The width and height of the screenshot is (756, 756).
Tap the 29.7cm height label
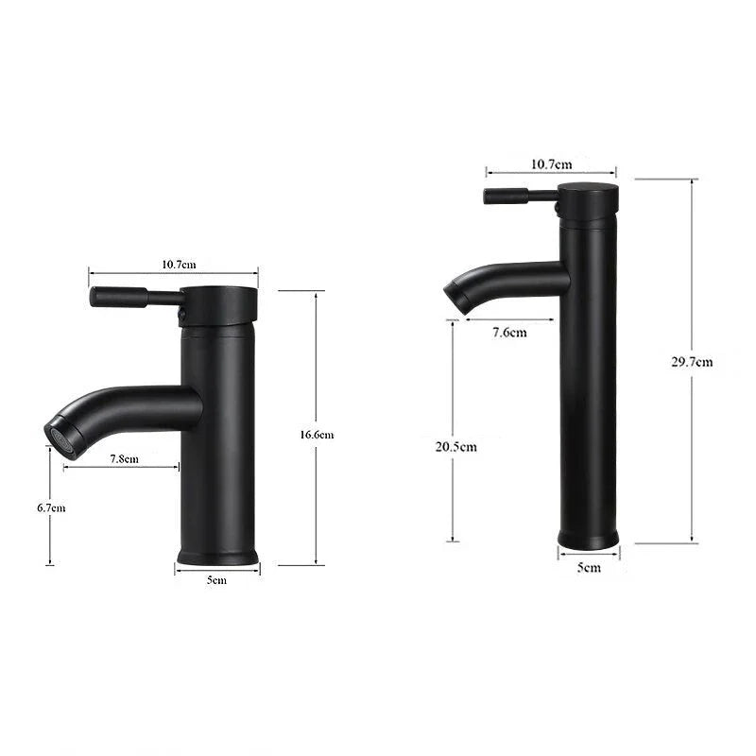[x=692, y=361]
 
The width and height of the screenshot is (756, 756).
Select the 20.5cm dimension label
[x=455, y=446]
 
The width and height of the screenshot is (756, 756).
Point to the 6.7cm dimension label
[x=51, y=507]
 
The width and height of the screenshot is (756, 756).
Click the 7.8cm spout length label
[x=124, y=458]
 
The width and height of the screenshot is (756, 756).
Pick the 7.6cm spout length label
[x=509, y=331]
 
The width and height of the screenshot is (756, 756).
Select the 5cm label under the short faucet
[x=216, y=580]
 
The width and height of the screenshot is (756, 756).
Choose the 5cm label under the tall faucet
[x=589, y=567]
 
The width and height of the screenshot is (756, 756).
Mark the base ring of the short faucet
[x=217, y=554]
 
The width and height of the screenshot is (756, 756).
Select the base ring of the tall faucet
[x=588, y=539]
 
